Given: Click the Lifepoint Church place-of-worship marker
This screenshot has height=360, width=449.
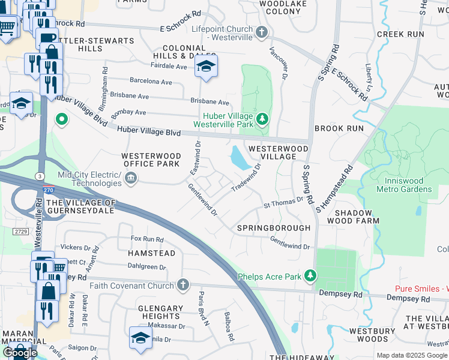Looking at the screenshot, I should click(261, 32).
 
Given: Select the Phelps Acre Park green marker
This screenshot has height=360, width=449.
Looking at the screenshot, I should click(310, 276).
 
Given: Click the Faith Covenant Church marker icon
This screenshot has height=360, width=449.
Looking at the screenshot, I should click(184, 285).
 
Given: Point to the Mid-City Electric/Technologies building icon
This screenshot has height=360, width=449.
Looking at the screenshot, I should click(131, 178).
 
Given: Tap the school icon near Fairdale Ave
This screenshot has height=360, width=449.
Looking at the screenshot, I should click(206, 67).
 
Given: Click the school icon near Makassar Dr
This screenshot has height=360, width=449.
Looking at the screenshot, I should click(140, 338).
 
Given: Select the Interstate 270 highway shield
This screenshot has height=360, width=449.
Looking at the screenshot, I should click(47, 190).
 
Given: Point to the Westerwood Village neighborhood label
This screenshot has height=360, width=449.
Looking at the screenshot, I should click(278, 152).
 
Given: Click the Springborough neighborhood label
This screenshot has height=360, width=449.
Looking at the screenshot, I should click(273, 228).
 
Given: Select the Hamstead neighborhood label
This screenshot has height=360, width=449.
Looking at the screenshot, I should click(151, 253).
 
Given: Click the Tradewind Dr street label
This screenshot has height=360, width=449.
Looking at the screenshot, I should click(247, 178).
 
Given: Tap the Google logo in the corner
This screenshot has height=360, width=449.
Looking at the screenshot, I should click(20, 353).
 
